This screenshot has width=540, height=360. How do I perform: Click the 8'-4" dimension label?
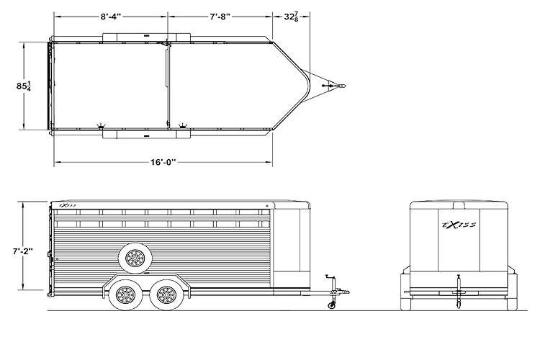tap(111, 17)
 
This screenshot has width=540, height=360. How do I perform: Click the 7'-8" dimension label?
tap(220, 17)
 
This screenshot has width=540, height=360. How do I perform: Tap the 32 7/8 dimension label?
tap(291, 17)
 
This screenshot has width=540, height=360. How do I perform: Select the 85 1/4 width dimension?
tap(24, 86)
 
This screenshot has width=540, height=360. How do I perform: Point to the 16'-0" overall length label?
tap(163, 161)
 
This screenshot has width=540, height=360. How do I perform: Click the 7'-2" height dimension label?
tap(23, 251)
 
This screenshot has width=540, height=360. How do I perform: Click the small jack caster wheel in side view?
tap(332, 305)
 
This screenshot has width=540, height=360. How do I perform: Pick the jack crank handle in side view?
tap(330, 276)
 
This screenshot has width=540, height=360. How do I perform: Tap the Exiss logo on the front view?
tap(459, 225)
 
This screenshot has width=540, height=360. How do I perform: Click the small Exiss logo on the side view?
tap(68, 205)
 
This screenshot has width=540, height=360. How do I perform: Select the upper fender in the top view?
tap(147, 37)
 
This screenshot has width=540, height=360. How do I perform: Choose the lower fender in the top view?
tap(147, 135)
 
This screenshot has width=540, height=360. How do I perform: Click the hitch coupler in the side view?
tap(343, 292)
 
